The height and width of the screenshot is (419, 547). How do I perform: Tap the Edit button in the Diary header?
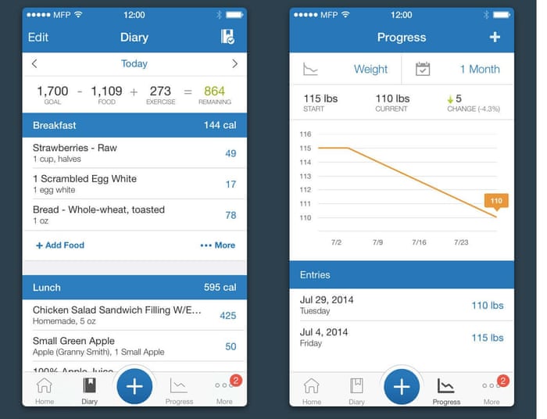point(38,38)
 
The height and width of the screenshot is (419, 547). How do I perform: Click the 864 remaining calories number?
point(214,91)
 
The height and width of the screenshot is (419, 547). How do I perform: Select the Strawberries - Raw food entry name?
point(75,148)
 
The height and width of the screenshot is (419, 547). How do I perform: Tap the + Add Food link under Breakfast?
point(60,245)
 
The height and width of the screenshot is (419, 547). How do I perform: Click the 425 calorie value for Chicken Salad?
point(227,316)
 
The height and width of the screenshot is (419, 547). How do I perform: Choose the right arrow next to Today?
point(234,63)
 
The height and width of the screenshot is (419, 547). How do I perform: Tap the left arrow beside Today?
point(34,63)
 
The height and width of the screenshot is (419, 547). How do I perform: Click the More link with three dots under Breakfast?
point(217,245)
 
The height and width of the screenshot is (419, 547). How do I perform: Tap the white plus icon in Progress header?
point(494,37)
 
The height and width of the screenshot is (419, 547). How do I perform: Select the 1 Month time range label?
point(479,70)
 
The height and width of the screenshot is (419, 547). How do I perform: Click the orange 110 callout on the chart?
point(496,201)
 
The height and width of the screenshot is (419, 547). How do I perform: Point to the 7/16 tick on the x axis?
point(420,242)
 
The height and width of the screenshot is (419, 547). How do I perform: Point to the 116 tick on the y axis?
point(306,134)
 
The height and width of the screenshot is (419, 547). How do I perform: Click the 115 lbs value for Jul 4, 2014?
point(487,338)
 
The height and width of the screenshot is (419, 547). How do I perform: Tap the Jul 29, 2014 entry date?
point(327,299)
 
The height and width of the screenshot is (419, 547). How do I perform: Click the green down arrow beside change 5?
point(450,99)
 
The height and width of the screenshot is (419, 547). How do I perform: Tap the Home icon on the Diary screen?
point(45,385)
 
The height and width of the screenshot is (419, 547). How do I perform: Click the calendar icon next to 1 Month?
point(423,70)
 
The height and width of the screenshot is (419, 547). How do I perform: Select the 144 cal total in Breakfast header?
point(220,125)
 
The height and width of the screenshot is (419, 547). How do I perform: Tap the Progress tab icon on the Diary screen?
point(179,385)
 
